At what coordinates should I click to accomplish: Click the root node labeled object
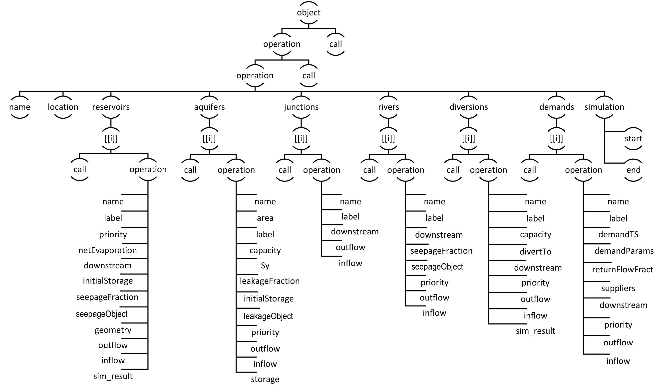(x=309, y=12)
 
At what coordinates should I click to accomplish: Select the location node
(x=63, y=107)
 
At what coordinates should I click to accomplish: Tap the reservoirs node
(x=111, y=107)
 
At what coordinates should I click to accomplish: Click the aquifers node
(x=209, y=107)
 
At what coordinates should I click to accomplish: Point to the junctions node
(x=301, y=107)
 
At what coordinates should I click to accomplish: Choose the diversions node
(x=469, y=107)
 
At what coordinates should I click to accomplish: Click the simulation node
(x=604, y=107)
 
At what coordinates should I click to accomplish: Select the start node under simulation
(x=633, y=138)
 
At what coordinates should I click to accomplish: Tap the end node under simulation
(x=633, y=170)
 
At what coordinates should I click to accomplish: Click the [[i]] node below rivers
(x=388, y=138)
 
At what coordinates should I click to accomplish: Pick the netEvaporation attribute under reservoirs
(x=108, y=250)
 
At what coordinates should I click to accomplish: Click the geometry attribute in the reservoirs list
(x=113, y=330)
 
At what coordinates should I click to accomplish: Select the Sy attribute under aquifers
(x=265, y=266)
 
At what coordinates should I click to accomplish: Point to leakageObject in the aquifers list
(x=268, y=316)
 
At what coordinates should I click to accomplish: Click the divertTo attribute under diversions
(x=535, y=251)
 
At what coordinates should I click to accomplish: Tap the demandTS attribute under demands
(x=618, y=234)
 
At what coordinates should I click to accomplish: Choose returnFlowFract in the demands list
(x=623, y=269)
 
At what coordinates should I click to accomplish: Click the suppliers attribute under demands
(x=618, y=288)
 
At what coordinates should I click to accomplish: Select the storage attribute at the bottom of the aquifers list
(x=265, y=379)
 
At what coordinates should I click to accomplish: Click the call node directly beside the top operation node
(x=335, y=44)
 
